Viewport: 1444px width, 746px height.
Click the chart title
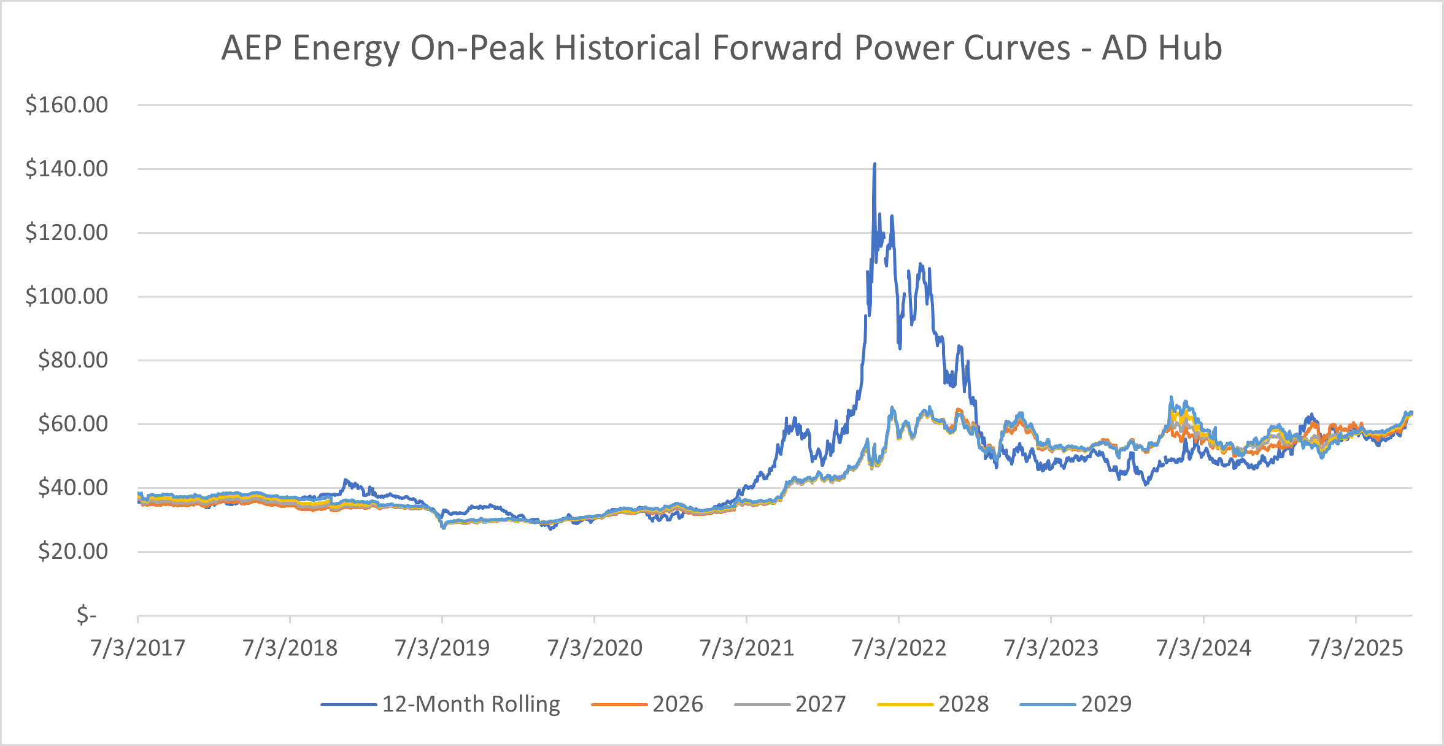click(x=722, y=48)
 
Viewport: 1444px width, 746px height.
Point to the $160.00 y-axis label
click(x=67, y=105)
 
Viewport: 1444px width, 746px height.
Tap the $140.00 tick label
click(x=67, y=169)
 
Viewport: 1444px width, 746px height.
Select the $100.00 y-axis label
click(x=67, y=296)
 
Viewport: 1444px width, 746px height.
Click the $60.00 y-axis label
click(x=73, y=424)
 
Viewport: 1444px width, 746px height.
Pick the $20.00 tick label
click(x=73, y=552)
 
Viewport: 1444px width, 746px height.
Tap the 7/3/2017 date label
click(x=138, y=648)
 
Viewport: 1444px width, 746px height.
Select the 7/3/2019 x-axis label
click(x=442, y=648)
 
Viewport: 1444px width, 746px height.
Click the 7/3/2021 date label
click(x=747, y=648)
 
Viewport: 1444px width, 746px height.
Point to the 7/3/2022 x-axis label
click(x=899, y=648)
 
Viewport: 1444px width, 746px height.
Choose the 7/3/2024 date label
click(x=1203, y=648)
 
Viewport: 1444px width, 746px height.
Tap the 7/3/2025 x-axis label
click(x=1356, y=648)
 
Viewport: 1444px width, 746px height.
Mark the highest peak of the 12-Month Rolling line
click(x=875, y=164)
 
